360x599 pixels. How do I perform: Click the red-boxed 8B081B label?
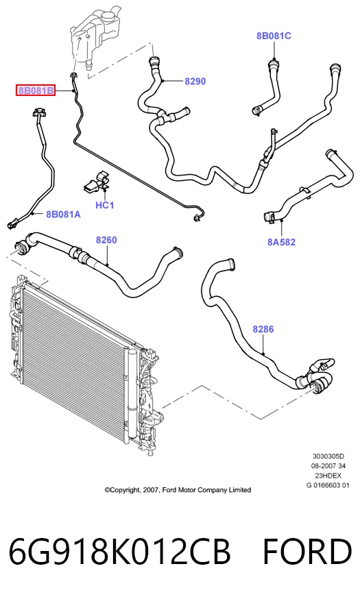point(36,90)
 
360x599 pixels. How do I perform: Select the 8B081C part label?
point(274,36)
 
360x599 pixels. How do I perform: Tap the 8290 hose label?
point(195,81)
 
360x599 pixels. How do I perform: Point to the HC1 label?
point(105,205)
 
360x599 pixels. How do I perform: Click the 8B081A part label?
point(64,215)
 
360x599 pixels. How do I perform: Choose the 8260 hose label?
point(106,240)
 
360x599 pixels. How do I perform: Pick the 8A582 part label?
point(281,242)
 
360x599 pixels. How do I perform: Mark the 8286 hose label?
point(263,329)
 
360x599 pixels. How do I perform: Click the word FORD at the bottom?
point(307,552)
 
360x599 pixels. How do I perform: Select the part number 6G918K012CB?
point(119,552)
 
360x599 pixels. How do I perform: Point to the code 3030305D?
point(328,456)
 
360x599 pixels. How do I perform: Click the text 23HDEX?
point(328,476)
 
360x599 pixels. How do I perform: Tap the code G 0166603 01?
point(328,485)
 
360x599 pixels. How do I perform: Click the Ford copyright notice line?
point(178,490)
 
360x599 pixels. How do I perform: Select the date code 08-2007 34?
point(328,466)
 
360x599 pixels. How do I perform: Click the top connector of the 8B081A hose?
point(39,112)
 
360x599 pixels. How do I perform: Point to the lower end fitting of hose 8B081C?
point(257,111)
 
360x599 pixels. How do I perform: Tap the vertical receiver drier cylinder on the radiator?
point(132,393)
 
